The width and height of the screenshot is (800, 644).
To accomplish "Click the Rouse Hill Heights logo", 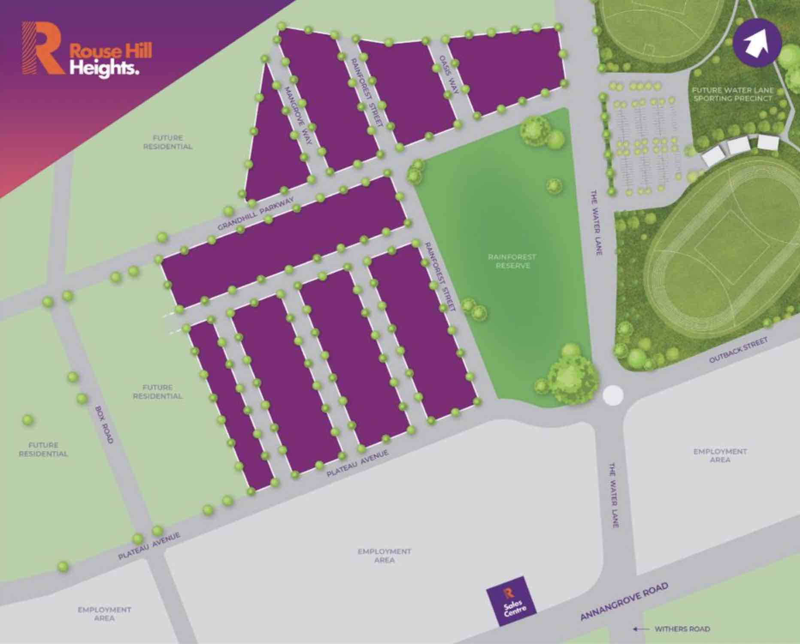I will (x=86, y=48).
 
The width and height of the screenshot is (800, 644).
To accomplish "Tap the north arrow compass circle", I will (x=757, y=44).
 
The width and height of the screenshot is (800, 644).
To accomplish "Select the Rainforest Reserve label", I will (x=512, y=261).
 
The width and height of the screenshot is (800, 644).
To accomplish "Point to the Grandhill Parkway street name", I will (x=256, y=213).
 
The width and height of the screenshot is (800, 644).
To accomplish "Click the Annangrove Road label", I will (x=624, y=601).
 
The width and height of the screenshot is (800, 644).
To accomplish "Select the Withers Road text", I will (x=682, y=629).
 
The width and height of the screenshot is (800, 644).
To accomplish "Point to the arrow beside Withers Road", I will (x=641, y=629).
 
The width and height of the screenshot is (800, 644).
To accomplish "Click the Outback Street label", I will (x=738, y=350).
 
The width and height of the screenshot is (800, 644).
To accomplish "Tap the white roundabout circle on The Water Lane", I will (x=612, y=395).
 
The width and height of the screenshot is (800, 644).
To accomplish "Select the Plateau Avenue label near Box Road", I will (x=149, y=546).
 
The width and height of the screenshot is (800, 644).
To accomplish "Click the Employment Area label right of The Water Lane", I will (x=720, y=455).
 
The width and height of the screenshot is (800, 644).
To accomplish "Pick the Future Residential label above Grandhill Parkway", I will (x=168, y=142).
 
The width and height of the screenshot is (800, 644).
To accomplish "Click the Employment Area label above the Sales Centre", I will (x=385, y=556).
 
